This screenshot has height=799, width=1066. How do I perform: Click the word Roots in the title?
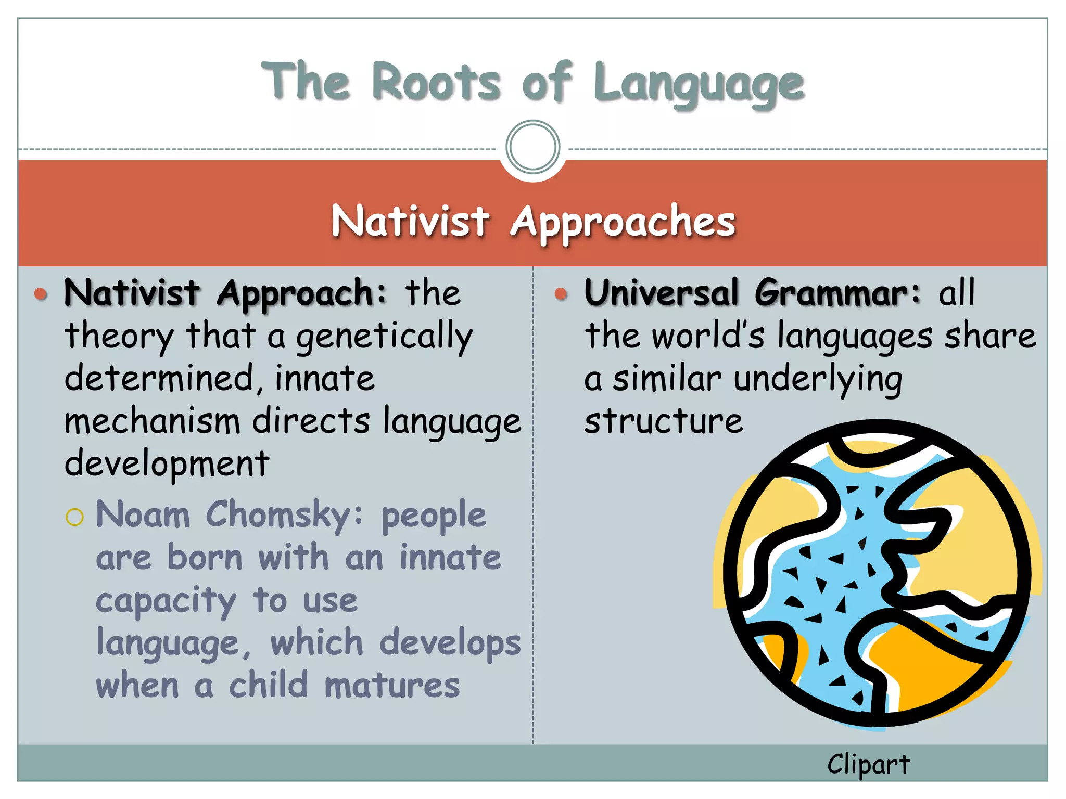[x=436, y=82]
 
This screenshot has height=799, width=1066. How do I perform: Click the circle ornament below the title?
[x=532, y=147]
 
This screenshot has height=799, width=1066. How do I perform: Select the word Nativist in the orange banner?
[x=410, y=221]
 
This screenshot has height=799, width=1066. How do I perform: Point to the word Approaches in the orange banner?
[x=623, y=223]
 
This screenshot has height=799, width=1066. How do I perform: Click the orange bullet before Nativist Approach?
[x=41, y=294]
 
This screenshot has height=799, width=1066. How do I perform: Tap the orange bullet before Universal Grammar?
[x=561, y=294]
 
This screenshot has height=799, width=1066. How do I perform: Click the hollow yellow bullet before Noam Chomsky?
[x=75, y=517]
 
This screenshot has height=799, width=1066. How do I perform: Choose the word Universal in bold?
[x=662, y=293]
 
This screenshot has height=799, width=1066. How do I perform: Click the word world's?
[x=708, y=336]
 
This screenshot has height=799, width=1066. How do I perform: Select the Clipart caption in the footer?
[x=868, y=764]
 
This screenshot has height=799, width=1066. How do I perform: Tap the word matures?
[x=392, y=685]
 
